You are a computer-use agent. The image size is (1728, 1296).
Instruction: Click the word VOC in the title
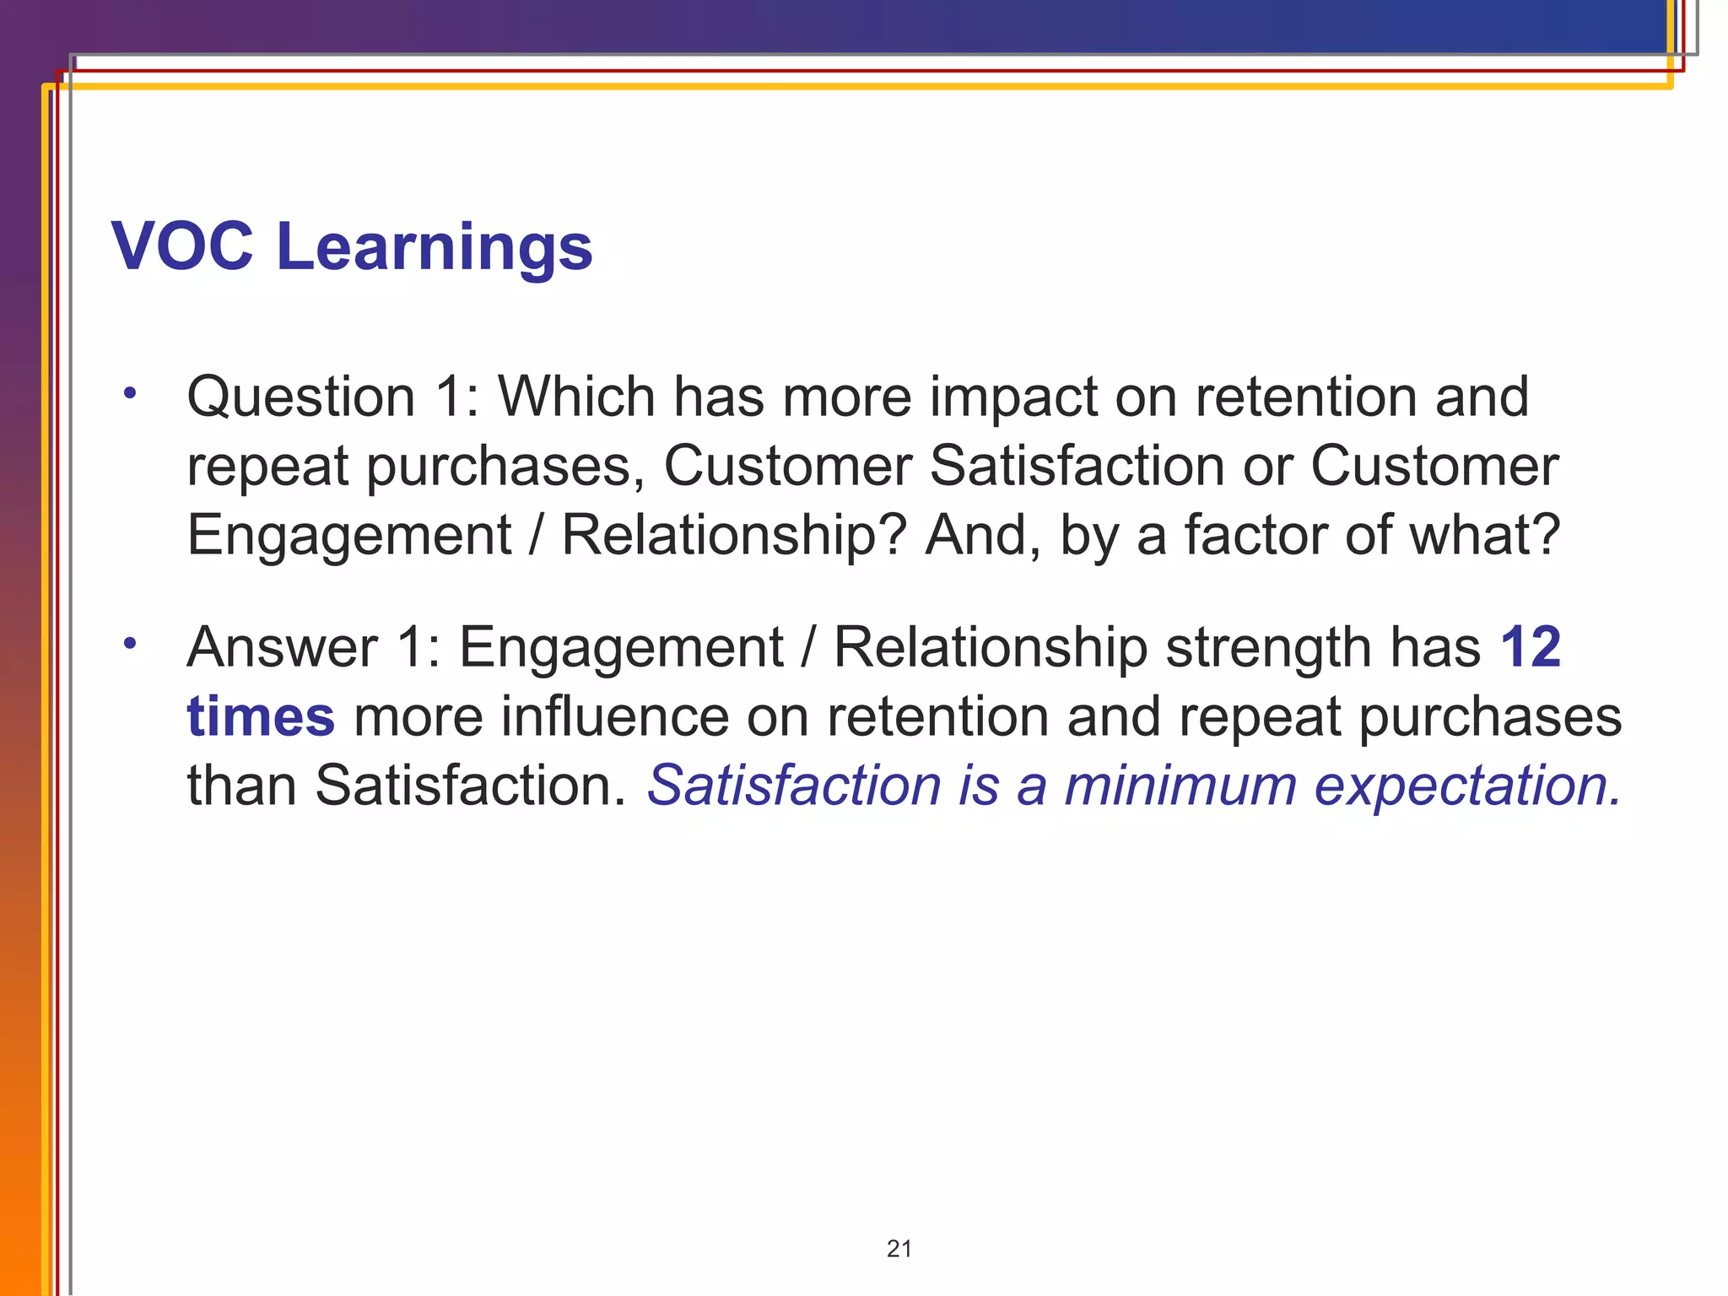tap(182, 246)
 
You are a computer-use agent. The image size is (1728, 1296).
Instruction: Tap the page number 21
tap(899, 1249)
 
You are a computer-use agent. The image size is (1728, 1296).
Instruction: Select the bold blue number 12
tap(1531, 647)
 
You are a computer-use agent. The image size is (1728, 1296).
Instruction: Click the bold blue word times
tap(261, 716)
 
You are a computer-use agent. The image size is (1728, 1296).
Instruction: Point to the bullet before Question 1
tap(129, 392)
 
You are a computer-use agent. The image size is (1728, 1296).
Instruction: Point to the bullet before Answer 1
tap(129, 644)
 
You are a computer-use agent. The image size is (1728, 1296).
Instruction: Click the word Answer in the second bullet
tap(282, 647)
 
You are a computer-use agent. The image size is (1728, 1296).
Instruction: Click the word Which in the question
tap(576, 396)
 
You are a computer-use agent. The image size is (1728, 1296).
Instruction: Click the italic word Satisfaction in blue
tap(794, 786)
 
